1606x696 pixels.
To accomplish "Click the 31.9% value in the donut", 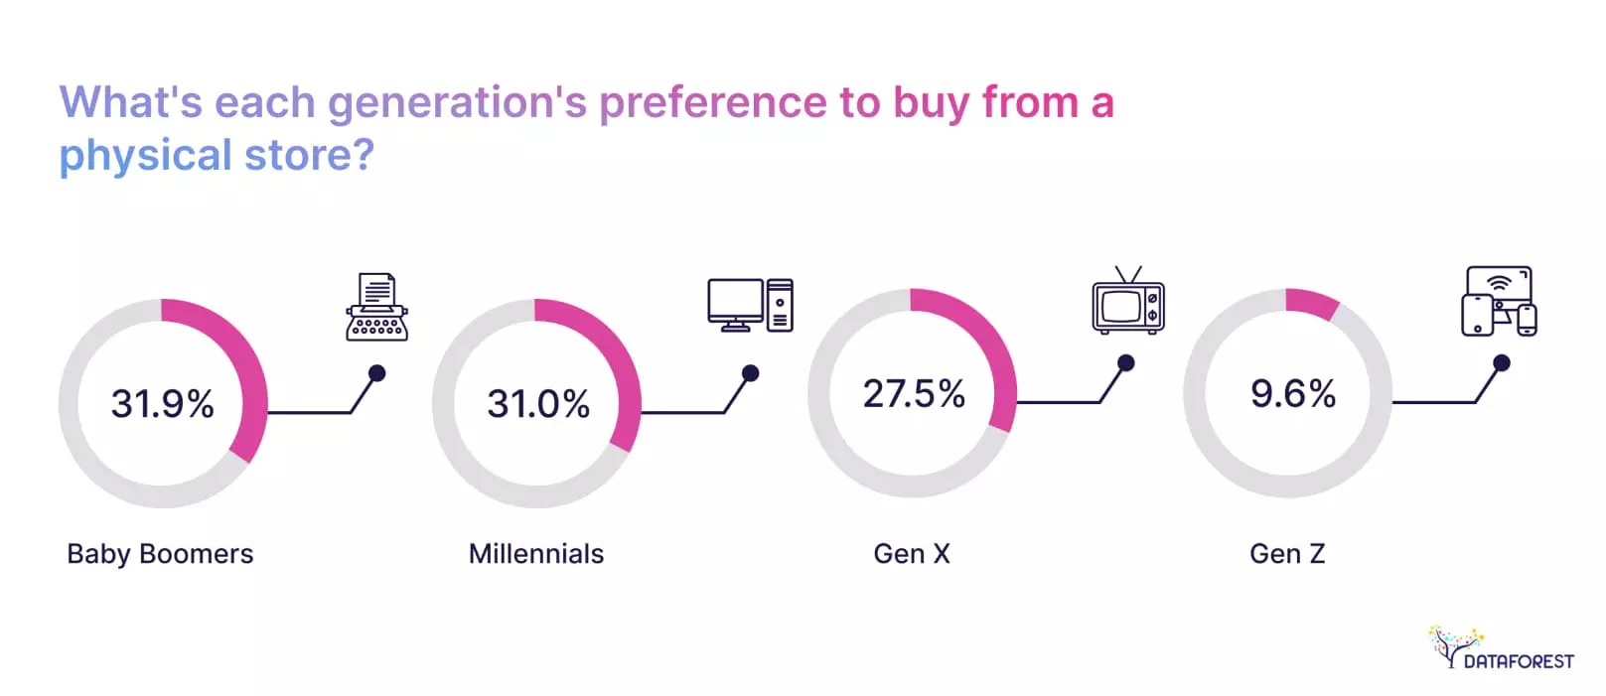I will tap(162, 404).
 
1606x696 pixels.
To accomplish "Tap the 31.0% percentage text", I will tap(538, 404).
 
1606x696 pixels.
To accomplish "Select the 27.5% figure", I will tap(914, 394).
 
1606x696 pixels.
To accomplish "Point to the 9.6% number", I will tap(1292, 394).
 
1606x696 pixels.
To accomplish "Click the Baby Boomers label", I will tap(160, 554).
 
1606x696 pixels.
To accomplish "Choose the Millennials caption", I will tap(536, 554).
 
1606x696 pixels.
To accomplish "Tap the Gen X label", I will tap(912, 554).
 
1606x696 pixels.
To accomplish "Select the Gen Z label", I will tap(1287, 554).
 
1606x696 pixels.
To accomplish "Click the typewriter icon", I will tap(376, 308).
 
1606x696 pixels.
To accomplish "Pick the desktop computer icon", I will tap(750, 305).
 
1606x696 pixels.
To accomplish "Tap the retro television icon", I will tap(1127, 302).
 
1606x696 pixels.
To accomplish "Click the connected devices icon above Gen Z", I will tap(1499, 301).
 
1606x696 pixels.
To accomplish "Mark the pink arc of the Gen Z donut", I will tap(1312, 303).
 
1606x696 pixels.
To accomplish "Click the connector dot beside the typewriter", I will tap(377, 373).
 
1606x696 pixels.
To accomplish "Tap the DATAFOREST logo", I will tap(1501, 649).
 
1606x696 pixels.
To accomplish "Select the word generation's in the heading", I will tap(457, 103).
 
